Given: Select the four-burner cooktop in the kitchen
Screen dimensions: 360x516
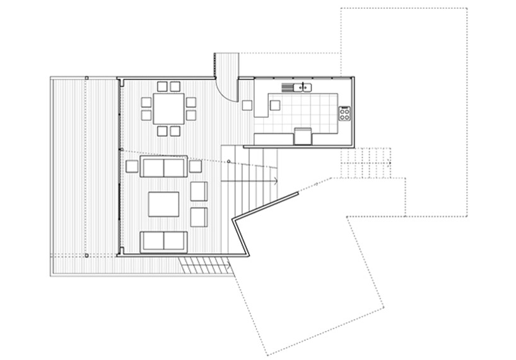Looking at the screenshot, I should point(345,113).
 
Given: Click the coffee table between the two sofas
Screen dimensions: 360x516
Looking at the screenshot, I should point(164,204).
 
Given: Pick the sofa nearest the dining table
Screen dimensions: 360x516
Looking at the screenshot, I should point(163,168).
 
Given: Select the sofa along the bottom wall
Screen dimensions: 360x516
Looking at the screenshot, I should point(163,240).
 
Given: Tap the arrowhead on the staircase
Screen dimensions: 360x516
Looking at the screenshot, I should point(276,182).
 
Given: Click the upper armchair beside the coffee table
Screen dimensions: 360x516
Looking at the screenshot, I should point(199,192).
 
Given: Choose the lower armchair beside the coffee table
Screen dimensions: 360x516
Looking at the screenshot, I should point(199,216).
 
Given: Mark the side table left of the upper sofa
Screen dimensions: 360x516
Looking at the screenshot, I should point(132,166).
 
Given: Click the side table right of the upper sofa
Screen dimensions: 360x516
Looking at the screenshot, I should point(195,166).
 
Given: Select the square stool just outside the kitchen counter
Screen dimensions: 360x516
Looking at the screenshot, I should point(247,105).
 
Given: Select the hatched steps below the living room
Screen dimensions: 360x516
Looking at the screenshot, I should point(204,266).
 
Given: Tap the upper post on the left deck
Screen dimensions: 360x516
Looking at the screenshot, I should point(86,78).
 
